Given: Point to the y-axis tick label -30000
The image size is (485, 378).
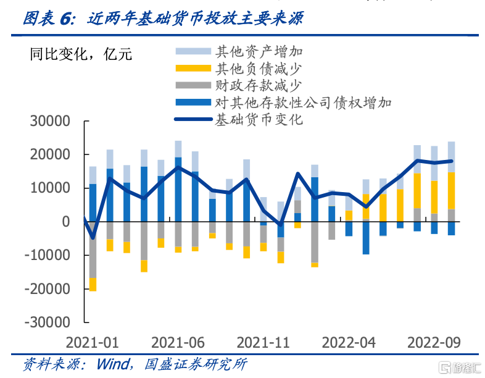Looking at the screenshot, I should coord(47,322).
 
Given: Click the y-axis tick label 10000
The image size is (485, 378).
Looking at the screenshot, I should coord(50,188).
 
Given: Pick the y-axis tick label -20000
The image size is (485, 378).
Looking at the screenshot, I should coord(47,288).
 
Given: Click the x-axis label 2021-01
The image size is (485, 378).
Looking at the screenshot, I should coord(93,342).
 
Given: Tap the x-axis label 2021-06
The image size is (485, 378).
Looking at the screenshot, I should coord(178,342).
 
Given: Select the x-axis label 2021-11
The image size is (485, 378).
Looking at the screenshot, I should coord(263,342).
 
